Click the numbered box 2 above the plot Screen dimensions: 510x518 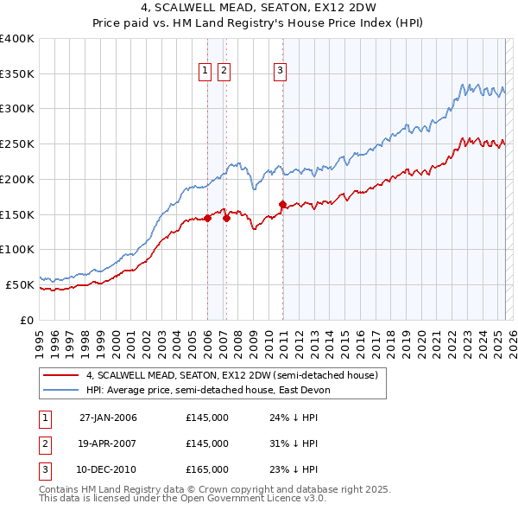224,71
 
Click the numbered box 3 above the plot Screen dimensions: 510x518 281,71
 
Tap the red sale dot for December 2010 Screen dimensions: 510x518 282,204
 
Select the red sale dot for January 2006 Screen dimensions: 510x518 208,218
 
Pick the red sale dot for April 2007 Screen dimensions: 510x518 226,218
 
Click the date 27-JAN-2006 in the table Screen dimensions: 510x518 108,418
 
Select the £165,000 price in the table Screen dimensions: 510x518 207,469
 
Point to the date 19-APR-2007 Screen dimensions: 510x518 108,443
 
